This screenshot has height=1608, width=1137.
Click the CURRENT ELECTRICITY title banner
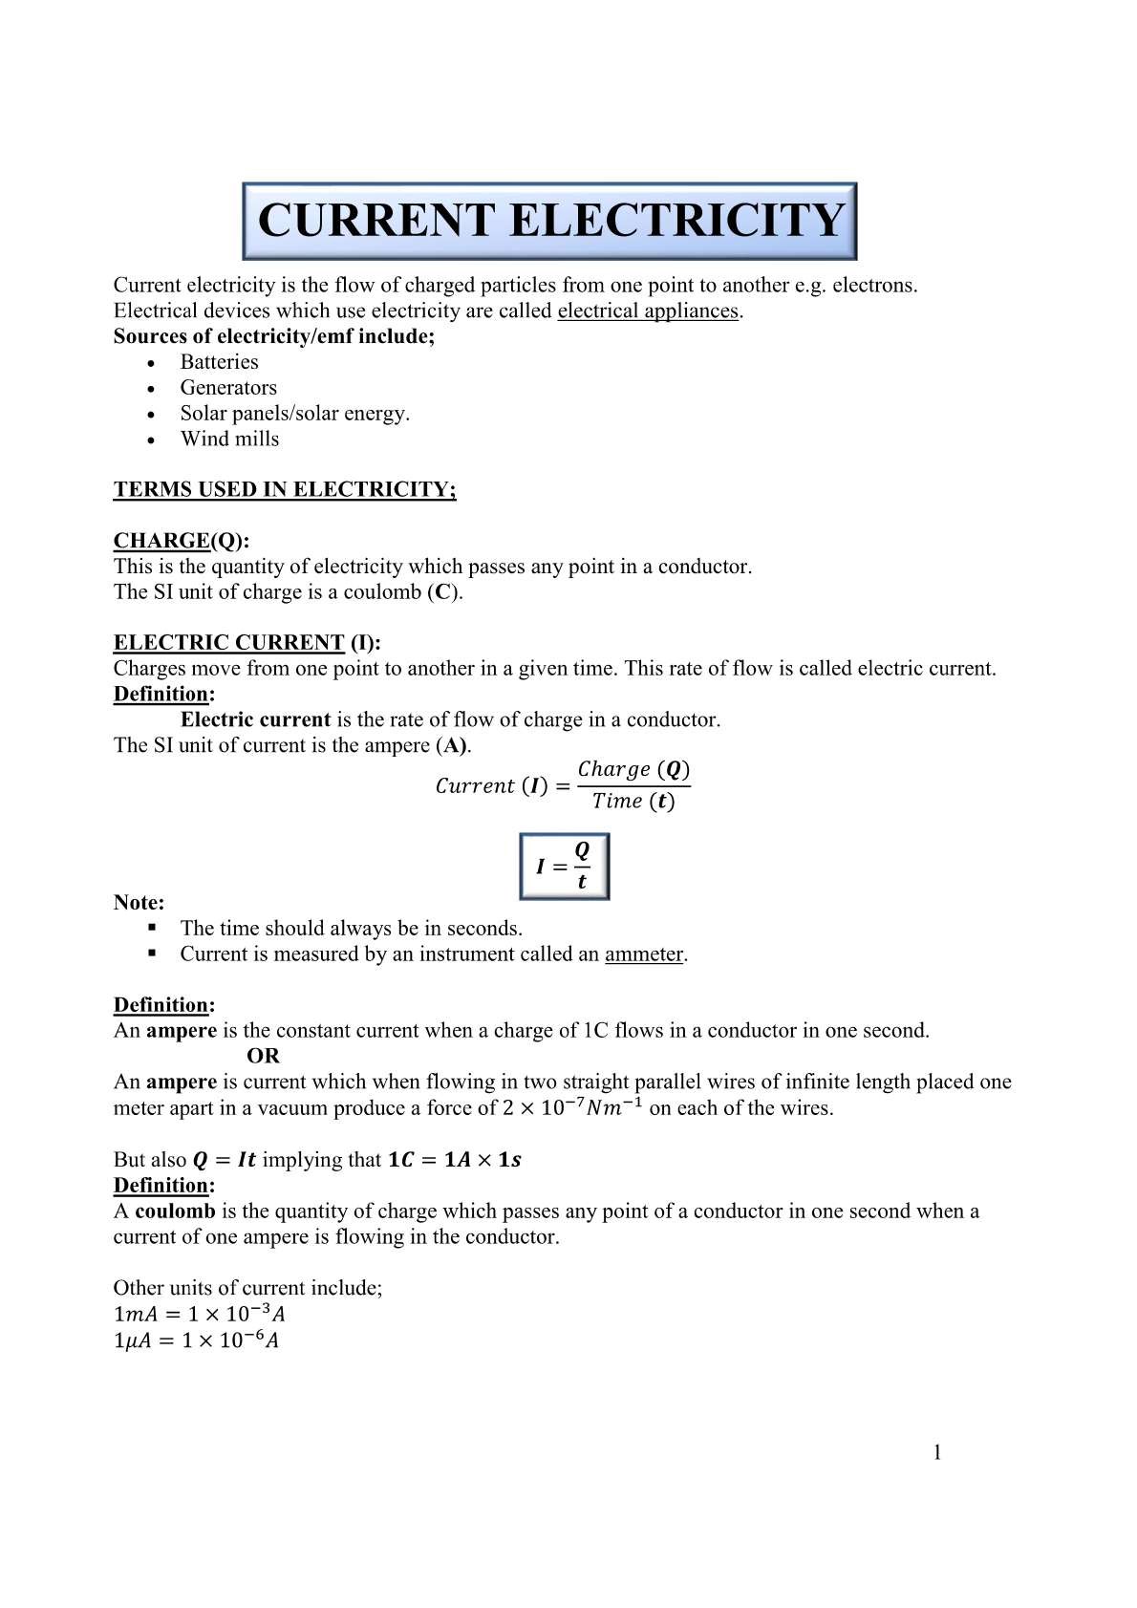pos(549,221)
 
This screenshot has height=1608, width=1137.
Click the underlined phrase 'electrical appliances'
pos(648,311)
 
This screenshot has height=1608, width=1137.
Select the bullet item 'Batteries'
pos(219,362)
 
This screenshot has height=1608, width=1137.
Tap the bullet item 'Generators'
pos(228,388)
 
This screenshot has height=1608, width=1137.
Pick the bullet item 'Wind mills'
pos(229,440)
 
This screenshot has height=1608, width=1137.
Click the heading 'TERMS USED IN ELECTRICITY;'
pos(285,490)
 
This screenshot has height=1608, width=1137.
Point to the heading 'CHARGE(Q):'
pos(181,541)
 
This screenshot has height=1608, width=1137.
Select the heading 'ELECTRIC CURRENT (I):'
pos(247,643)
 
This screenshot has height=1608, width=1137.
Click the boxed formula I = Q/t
pos(564,867)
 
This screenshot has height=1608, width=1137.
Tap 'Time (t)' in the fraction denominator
pos(633,802)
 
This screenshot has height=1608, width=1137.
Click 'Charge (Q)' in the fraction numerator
pos(633,769)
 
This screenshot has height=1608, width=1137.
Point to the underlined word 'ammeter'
pos(644,954)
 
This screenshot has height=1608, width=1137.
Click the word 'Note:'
pos(139,903)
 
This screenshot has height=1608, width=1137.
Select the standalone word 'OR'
pos(263,1057)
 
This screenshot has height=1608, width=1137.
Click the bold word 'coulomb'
pos(175,1211)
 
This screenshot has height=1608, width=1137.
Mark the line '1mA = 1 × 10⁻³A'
pos(199,1315)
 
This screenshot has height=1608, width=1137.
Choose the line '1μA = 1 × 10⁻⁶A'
pos(196,1340)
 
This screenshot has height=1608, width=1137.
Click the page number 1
pos(937,1453)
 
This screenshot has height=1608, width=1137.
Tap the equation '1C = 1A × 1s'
pos(454,1160)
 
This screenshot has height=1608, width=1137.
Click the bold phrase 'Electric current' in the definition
pos(255,720)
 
